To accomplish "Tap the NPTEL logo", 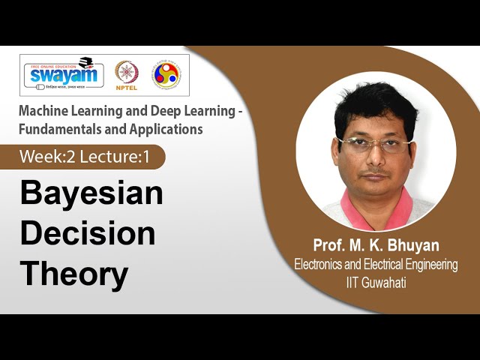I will (126, 75).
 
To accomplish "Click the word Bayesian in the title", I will (91, 194).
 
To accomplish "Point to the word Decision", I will (88, 234).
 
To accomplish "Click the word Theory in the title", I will (74, 274).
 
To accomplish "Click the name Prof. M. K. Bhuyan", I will (376, 246).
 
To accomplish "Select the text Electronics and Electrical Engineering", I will (376, 265).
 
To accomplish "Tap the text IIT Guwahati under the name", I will (376, 283).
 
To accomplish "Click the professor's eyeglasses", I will (373, 143).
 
